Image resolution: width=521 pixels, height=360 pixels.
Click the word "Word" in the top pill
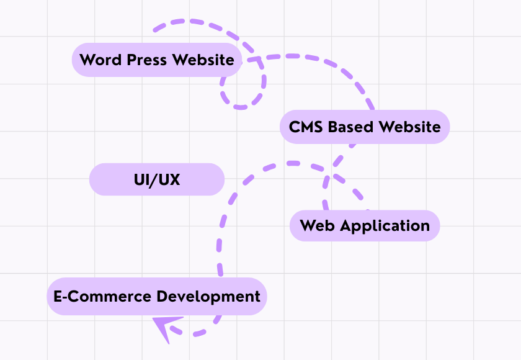click(x=100, y=60)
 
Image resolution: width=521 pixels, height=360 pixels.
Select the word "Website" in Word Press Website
click(x=203, y=60)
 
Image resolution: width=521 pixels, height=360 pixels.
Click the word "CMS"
click(x=306, y=127)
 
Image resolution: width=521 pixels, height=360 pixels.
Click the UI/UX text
click(x=157, y=180)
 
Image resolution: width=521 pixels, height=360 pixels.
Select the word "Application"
click(x=385, y=226)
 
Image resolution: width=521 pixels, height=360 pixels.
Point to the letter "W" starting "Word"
click(x=87, y=60)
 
